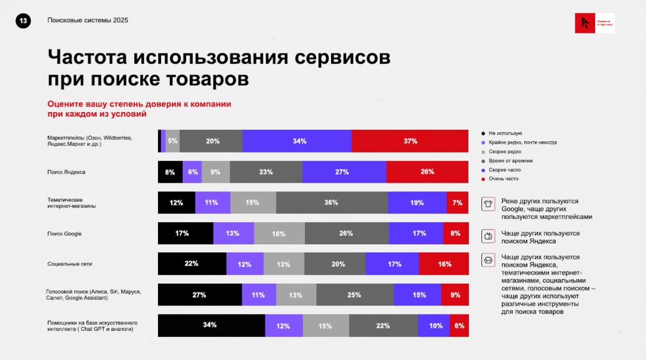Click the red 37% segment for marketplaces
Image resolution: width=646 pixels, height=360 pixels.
(410, 141)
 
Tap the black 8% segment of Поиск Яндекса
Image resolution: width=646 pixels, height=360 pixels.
(170, 172)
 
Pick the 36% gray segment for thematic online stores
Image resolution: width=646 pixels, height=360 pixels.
(332, 203)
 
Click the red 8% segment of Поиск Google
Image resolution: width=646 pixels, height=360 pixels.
(456, 234)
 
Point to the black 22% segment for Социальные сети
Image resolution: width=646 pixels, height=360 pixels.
(192, 264)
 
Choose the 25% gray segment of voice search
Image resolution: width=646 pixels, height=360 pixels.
(355, 295)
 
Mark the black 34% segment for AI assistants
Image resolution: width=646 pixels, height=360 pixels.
(211, 326)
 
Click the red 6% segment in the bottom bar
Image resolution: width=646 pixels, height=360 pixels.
(459, 326)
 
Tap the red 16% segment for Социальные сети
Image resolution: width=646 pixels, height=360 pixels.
(444, 264)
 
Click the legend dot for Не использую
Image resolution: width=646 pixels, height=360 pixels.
(483, 133)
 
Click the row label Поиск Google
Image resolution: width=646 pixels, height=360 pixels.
(64, 234)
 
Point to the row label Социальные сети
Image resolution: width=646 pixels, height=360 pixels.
(70, 264)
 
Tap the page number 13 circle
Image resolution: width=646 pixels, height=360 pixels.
(23, 21)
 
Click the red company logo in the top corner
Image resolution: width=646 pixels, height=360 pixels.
(585, 23)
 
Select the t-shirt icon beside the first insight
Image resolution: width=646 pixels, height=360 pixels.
(488, 204)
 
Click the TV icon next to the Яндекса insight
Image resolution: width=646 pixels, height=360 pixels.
(488, 236)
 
